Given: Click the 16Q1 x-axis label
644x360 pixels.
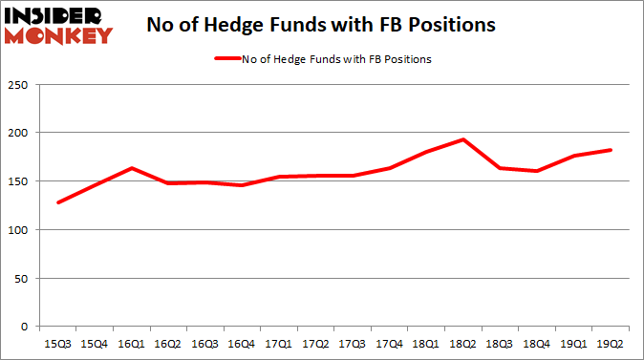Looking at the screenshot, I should coord(132,341).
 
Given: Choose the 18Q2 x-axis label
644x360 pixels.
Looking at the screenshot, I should coord(463,341).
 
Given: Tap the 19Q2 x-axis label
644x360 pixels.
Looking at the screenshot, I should coord(611,341).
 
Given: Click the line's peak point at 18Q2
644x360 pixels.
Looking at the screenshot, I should coord(463,139).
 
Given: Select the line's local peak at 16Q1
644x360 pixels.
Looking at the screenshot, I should coord(131,168).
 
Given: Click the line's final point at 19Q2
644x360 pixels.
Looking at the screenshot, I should coord(611,150).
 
